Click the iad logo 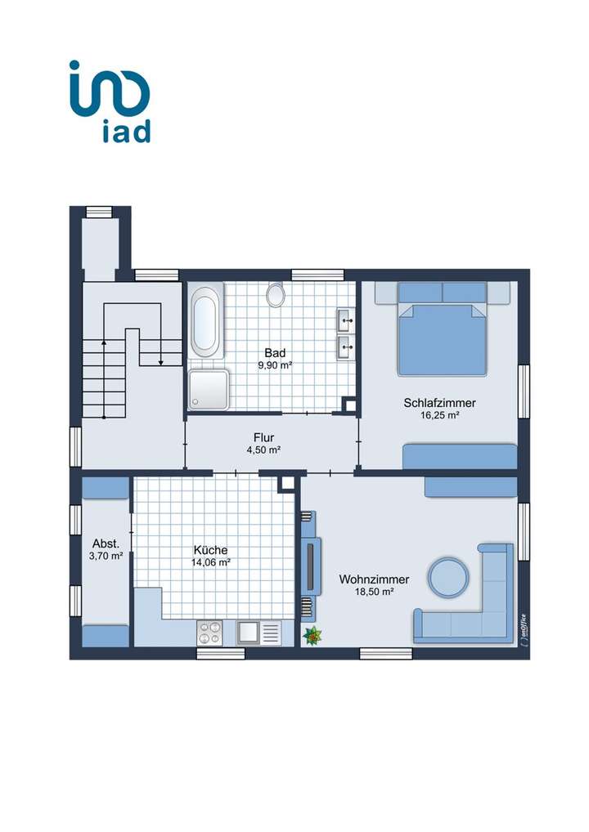point(109,101)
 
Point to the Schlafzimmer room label point(439,403)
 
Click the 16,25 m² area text point(439,415)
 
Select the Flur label point(263,437)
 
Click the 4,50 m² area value point(263,450)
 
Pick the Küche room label point(210,550)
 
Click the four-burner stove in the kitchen point(209,633)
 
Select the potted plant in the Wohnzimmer point(311,635)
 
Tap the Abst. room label point(106,543)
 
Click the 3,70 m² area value point(106,556)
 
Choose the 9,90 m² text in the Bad point(275,365)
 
